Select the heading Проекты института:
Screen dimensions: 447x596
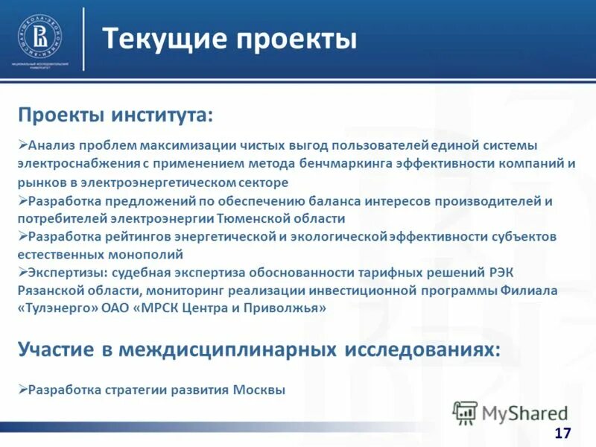[x=115, y=115]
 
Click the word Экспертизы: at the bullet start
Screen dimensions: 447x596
[x=64, y=273]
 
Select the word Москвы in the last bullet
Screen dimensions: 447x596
[x=259, y=390]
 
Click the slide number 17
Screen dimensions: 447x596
[x=562, y=434]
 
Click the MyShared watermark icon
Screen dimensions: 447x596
[x=465, y=412]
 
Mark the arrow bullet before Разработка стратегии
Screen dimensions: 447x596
[x=22, y=389]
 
